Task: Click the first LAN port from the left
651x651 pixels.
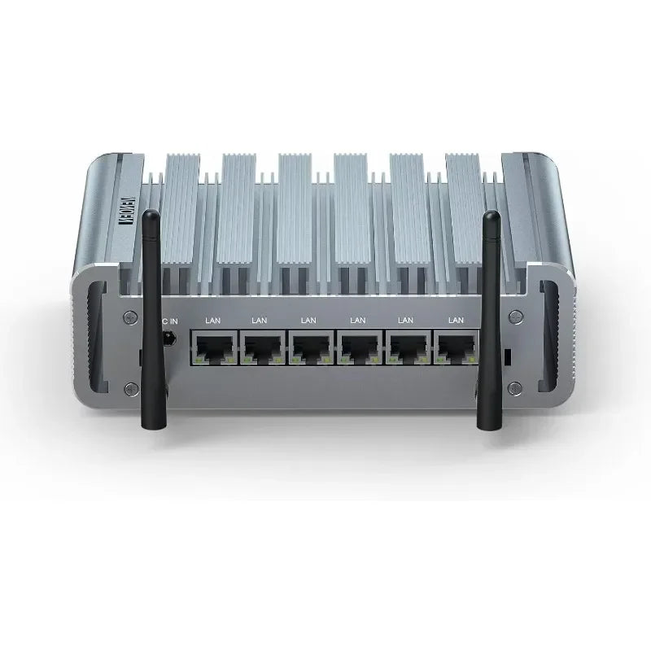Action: pyautogui.click(x=211, y=347)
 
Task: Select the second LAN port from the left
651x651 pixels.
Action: pyautogui.click(x=260, y=347)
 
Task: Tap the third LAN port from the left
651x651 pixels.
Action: pyautogui.click(x=308, y=347)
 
